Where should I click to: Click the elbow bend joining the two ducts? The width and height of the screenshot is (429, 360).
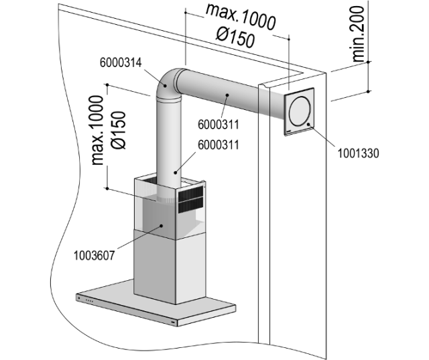tap(170, 83)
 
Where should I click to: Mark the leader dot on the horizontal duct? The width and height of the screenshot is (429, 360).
tap(228, 96)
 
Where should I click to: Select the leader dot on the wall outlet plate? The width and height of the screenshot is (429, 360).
tap(309, 125)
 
